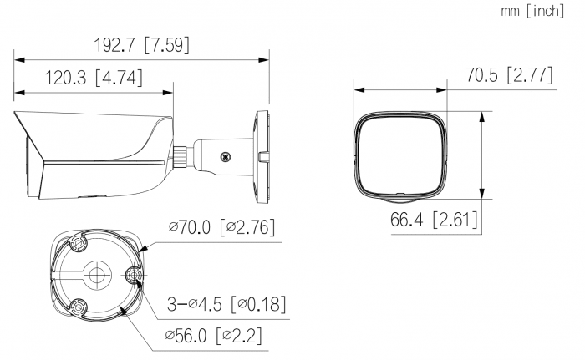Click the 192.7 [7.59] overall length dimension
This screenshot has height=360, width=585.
pos(141,45)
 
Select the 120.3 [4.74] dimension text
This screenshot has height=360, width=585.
pos(94,78)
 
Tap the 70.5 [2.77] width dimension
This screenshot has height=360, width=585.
pos(509,75)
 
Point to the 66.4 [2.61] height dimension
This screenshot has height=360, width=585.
pos(434,220)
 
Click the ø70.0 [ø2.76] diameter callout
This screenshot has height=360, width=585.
pos(222,227)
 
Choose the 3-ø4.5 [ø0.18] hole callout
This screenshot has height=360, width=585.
pos(226,304)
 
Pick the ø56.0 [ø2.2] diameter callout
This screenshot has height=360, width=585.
pos(213,336)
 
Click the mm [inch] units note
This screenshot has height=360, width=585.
pos(532,11)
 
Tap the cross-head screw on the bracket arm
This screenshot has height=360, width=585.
pos(225,157)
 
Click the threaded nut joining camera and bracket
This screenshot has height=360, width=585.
pos(180,155)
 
